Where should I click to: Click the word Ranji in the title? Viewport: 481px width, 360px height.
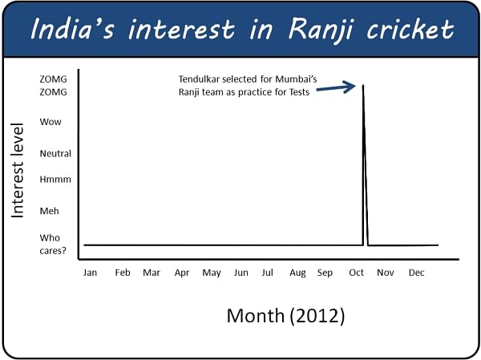[x=321, y=30]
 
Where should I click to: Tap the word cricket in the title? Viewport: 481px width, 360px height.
[x=410, y=29]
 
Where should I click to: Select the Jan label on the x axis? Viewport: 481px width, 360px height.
[x=90, y=273]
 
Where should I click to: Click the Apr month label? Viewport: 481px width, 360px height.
[x=182, y=273]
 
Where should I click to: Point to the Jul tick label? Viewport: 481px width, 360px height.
[x=267, y=273]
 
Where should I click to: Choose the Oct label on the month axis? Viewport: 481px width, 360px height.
[x=356, y=273]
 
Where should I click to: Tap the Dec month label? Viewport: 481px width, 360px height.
[x=416, y=273]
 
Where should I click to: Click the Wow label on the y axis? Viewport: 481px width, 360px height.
[x=51, y=122]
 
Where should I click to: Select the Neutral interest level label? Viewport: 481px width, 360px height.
[x=55, y=153]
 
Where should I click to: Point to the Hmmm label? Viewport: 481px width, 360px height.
[x=55, y=180]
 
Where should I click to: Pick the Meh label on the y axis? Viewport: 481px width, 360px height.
[x=49, y=211]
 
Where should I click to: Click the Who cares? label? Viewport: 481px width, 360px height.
[x=53, y=245]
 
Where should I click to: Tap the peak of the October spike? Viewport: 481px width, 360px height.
[x=363, y=85]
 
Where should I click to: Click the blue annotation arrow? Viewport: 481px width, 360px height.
[x=336, y=87]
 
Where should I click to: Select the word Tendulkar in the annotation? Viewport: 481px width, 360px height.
[x=199, y=79]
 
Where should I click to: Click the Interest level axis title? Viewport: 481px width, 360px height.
[x=17, y=170]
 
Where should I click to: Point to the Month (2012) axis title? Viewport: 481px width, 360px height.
[x=285, y=315]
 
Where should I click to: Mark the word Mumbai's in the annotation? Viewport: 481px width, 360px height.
[x=296, y=79]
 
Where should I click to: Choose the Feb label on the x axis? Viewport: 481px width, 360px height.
[x=123, y=273]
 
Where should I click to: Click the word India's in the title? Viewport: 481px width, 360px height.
[x=72, y=29]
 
